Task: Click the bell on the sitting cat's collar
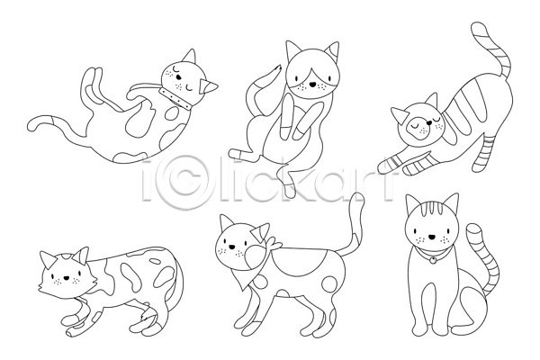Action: [x=432, y=261]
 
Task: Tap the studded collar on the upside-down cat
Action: [x=175, y=99]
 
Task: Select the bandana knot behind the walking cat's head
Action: [x=274, y=244]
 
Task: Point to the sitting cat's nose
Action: [x=432, y=237]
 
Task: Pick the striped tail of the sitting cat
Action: [x=485, y=259]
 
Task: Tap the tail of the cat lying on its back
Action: [x=55, y=127]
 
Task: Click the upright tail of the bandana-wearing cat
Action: [x=353, y=224]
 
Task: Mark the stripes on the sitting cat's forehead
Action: [x=432, y=209]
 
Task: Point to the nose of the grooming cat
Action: [x=312, y=84]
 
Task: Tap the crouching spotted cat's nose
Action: [x=66, y=278]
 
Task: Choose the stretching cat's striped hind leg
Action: [x=484, y=154]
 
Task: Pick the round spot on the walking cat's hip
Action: [x=329, y=284]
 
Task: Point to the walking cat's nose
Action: [x=232, y=247]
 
